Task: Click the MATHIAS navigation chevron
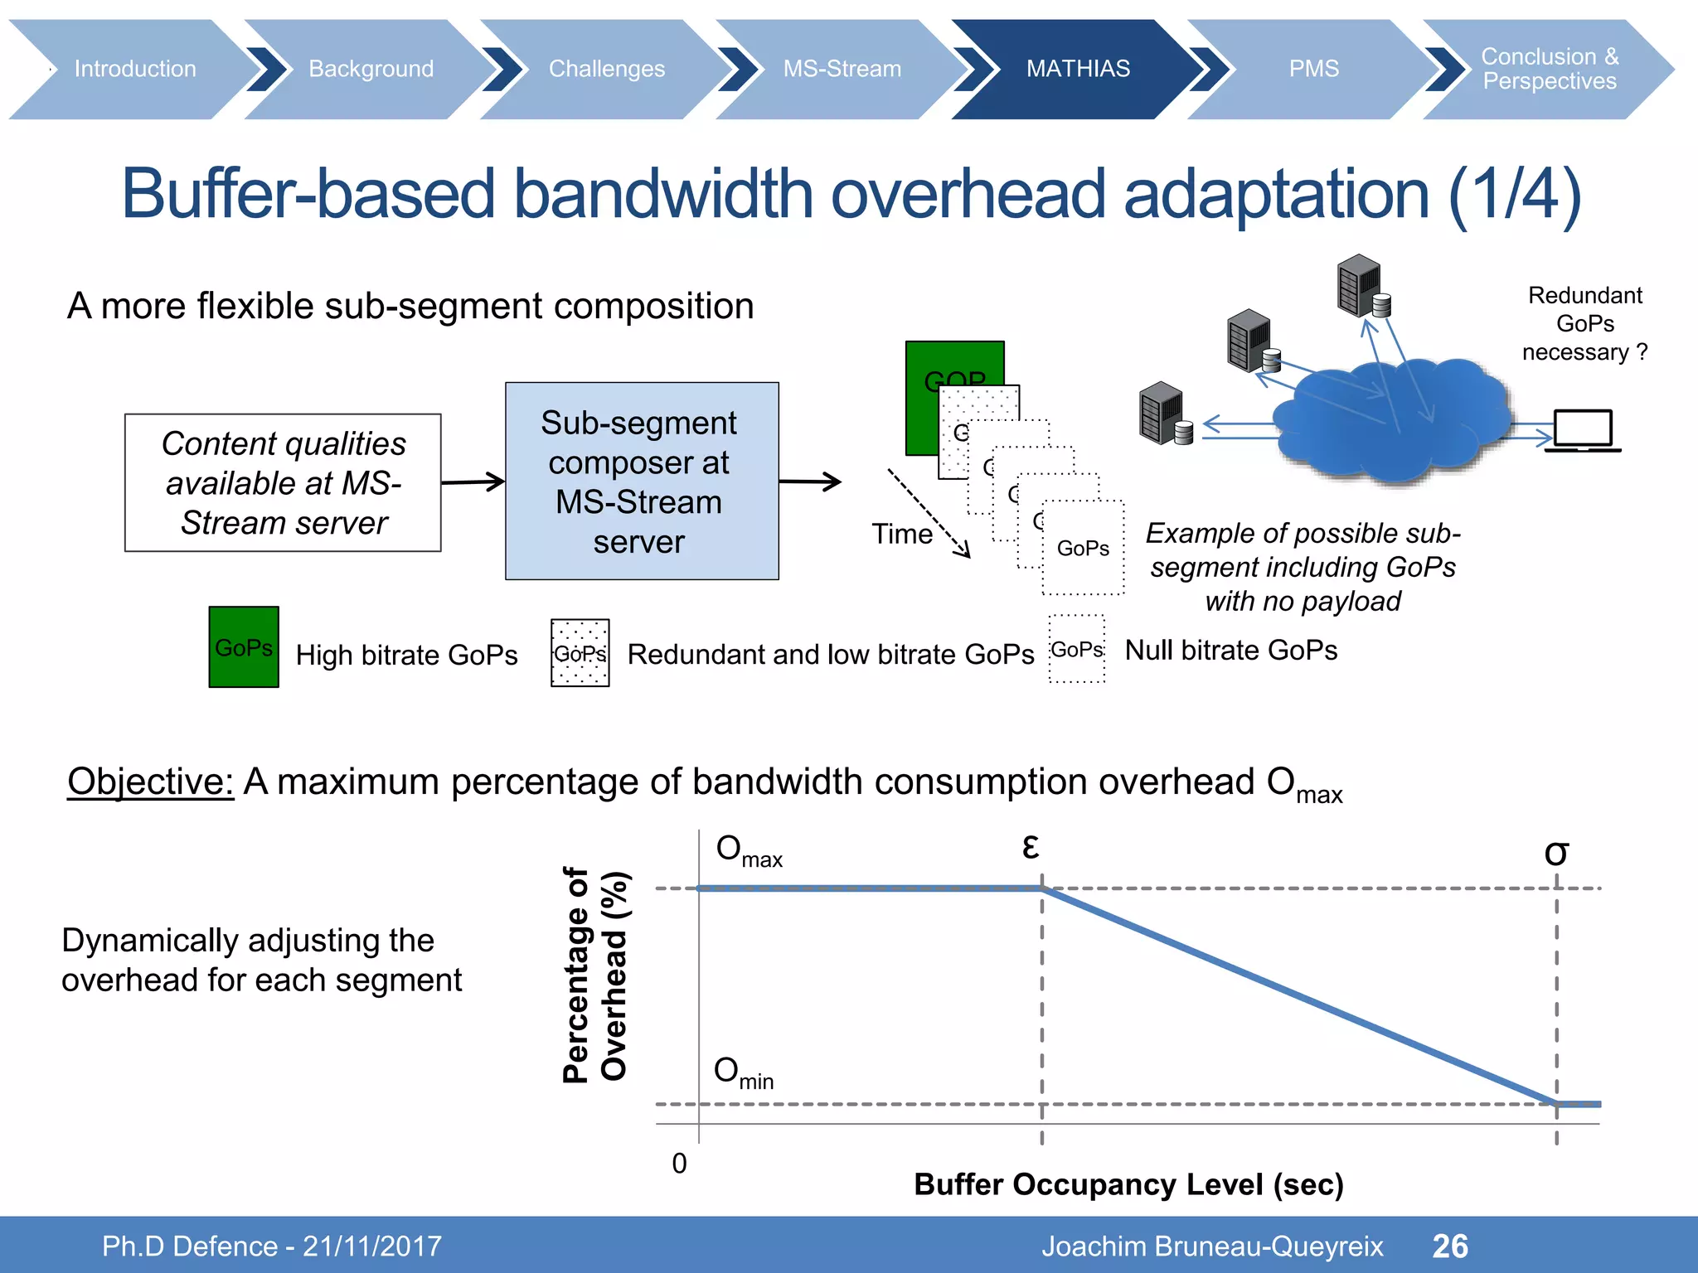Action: click(x=1077, y=69)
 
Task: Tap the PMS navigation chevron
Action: click(x=1313, y=69)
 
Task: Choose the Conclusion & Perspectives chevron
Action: click(x=1549, y=69)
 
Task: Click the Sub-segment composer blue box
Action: click(x=642, y=481)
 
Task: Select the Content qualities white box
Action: click(x=283, y=482)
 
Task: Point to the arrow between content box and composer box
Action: click(x=473, y=482)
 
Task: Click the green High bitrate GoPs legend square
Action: click(x=244, y=646)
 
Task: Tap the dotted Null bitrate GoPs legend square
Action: click(x=1077, y=649)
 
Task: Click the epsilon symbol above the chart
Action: click(x=1030, y=846)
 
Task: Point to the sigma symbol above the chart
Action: click(x=1555, y=853)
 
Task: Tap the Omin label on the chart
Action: click(x=743, y=1072)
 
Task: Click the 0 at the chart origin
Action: click(x=679, y=1164)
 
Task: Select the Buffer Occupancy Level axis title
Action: click(x=1128, y=1184)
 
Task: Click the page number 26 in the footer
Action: click(x=1449, y=1246)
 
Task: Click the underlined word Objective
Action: click(x=150, y=782)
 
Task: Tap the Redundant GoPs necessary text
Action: click(x=1584, y=323)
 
